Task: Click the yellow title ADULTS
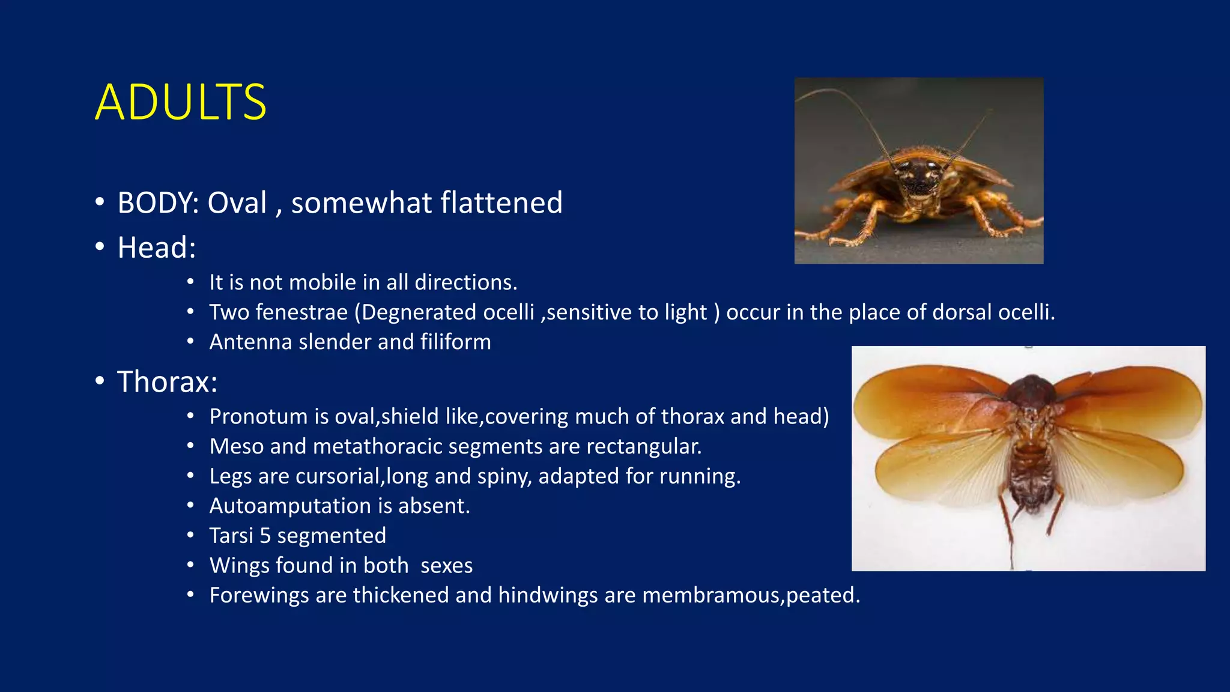pyautogui.click(x=180, y=103)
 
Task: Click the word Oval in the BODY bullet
pyautogui.click(x=237, y=203)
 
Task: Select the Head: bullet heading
pyautogui.click(x=157, y=247)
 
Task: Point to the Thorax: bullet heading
pyautogui.click(x=167, y=382)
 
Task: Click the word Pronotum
pyautogui.click(x=258, y=416)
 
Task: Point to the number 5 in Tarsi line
pyautogui.click(x=265, y=536)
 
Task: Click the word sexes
pyautogui.click(x=446, y=566)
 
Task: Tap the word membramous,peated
pyautogui.click(x=751, y=595)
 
